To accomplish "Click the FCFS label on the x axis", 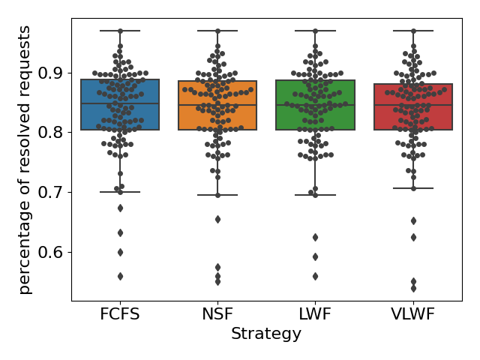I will click(120, 313).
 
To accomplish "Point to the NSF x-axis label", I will click(217, 313).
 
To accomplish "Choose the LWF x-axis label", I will click(315, 313).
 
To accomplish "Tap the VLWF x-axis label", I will click(413, 313).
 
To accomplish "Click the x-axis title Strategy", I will click(266, 334).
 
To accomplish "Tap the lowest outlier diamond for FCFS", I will click(120, 276).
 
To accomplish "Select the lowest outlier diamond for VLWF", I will click(413, 288).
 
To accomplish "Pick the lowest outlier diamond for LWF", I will click(315, 276).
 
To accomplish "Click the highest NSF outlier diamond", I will click(217, 219).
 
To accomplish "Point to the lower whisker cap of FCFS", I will click(120, 192).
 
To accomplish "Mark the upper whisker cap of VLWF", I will click(413, 31).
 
